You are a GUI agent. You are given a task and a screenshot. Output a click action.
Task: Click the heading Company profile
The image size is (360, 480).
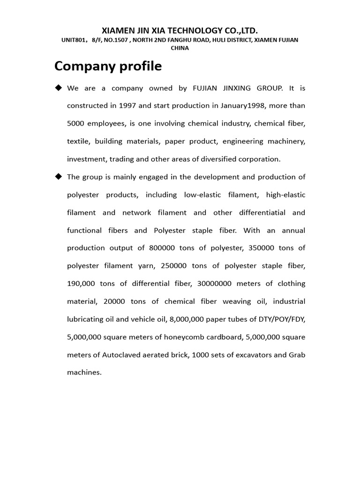click(108, 67)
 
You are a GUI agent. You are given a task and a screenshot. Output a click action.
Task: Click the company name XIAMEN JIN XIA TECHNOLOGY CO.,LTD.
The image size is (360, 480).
click(180, 30)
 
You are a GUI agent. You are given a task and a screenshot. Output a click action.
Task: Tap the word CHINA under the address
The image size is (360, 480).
click(180, 48)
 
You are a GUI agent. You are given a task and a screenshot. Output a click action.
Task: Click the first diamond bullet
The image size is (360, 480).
click(58, 88)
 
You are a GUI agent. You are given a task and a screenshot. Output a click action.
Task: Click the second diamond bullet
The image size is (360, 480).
click(58, 176)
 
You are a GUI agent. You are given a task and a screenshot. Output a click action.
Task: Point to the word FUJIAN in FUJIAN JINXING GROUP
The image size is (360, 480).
click(205, 88)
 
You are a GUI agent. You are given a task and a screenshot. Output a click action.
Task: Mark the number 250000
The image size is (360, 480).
click(173, 266)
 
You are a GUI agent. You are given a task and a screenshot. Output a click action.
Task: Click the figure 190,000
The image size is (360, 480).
click(81, 284)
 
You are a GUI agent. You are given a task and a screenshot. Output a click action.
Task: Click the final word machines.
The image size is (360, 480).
click(84, 373)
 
